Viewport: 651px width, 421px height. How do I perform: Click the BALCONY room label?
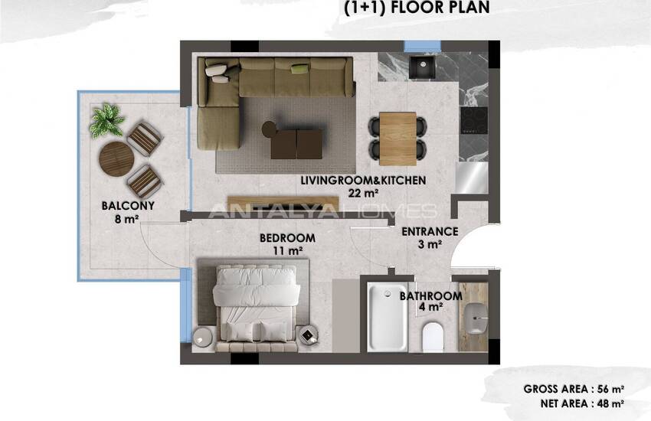point(128,206)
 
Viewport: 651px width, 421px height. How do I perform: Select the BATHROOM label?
point(430,296)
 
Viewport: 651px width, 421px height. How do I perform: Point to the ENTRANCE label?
point(430,231)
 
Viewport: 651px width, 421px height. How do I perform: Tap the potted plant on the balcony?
point(106,120)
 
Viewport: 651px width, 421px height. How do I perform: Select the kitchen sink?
point(419,67)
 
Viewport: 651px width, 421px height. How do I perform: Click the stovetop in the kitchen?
point(473,119)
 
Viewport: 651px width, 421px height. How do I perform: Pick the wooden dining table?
point(397,137)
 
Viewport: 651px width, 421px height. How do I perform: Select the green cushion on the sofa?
point(299,70)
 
